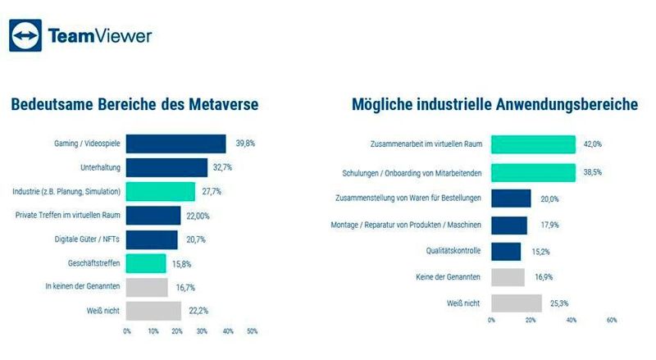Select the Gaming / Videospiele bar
[176, 144]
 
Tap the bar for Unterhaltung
[167, 167]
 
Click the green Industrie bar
[161, 191]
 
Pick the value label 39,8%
[245, 144]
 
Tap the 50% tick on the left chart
[252, 331]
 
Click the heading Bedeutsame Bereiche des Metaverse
[134, 106]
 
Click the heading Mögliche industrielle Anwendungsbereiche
[495, 106]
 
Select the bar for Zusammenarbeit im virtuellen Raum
[533, 144]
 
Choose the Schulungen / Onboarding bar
[533, 173]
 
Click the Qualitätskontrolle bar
[506, 250]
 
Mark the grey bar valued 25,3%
[517, 303]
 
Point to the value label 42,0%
[593, 144]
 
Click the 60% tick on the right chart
[612, 321]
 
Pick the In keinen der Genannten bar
[148, 287]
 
